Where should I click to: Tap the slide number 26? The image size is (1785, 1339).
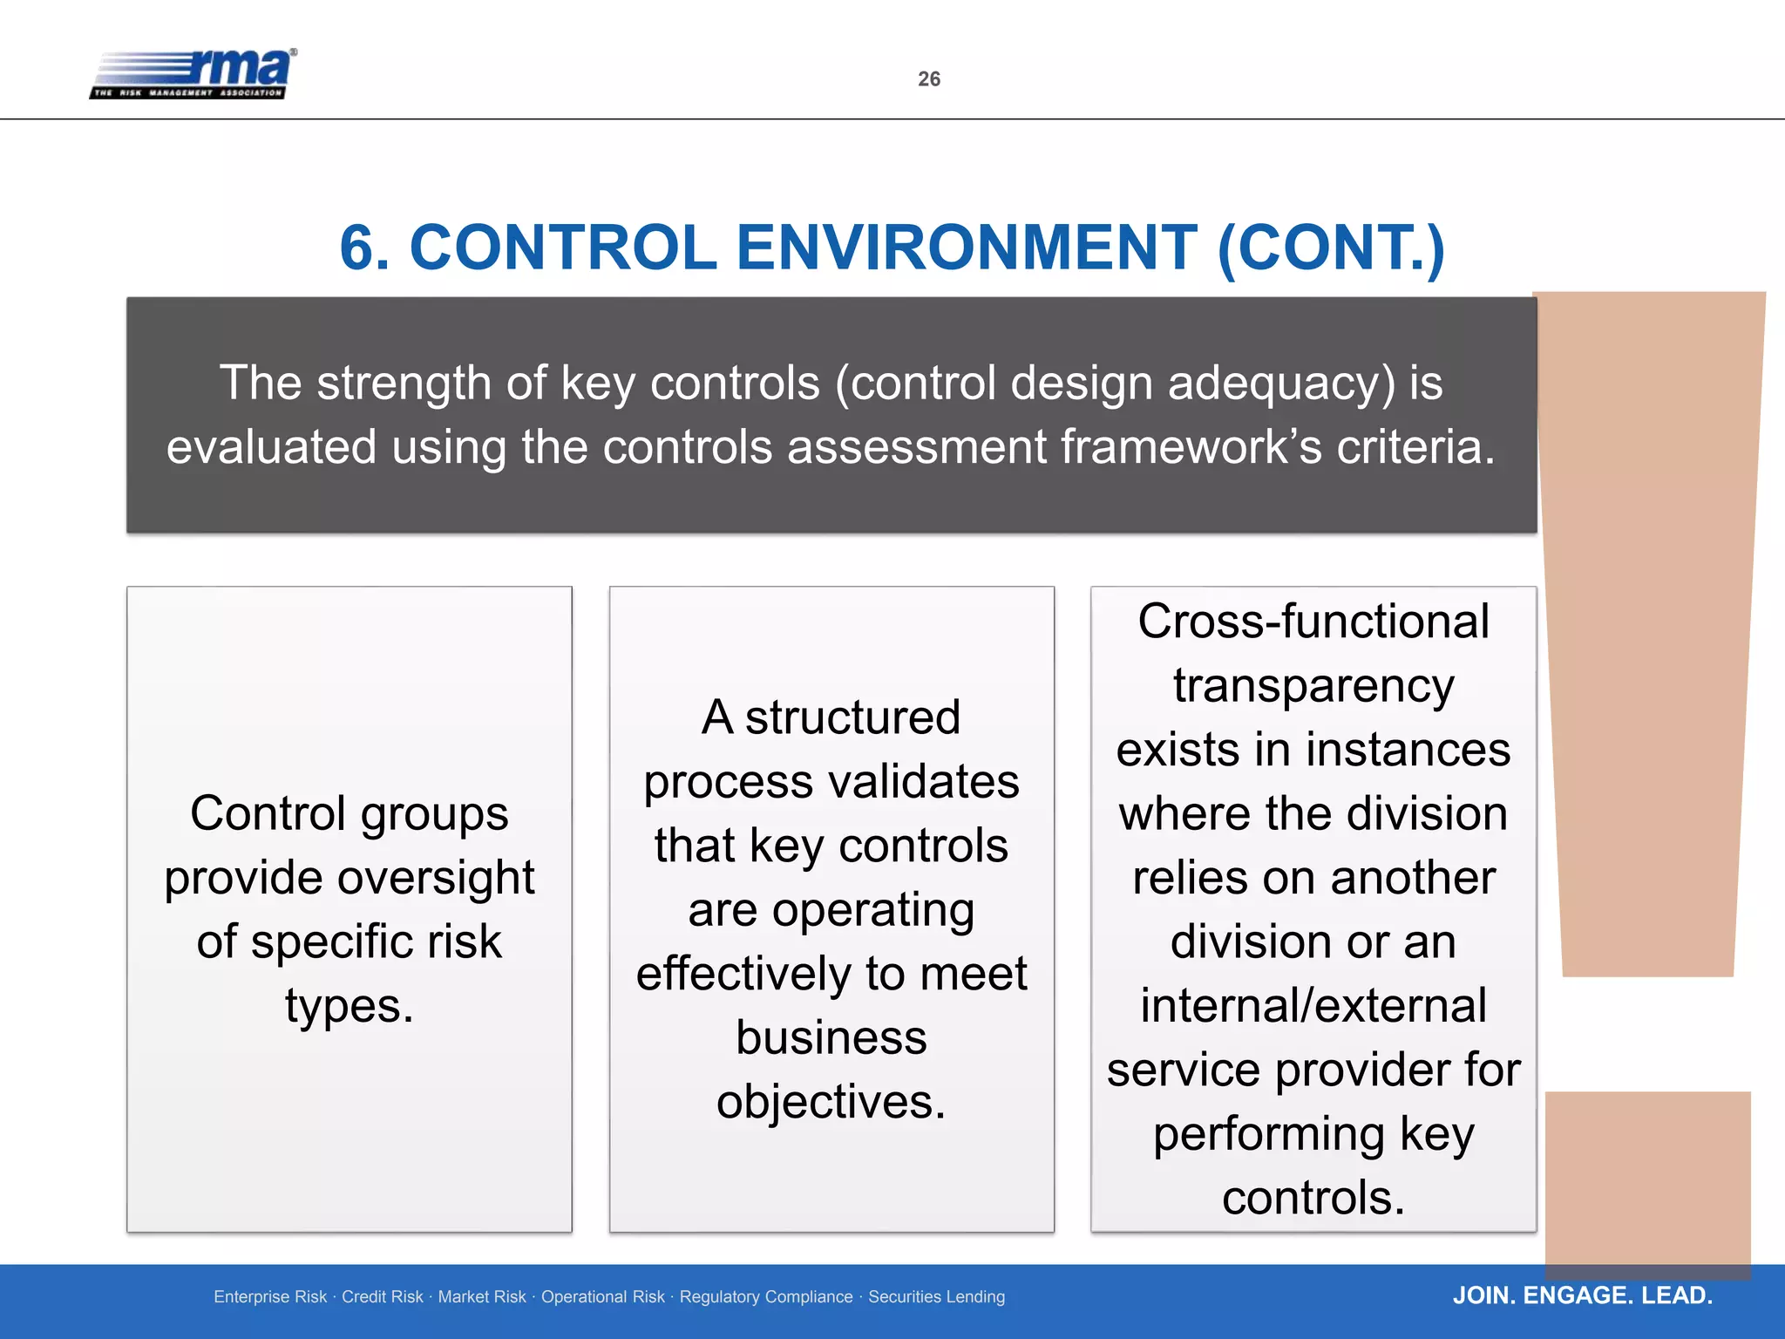929,79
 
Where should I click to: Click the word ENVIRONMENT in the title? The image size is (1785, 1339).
967,248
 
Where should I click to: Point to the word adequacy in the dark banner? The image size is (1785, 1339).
1281,384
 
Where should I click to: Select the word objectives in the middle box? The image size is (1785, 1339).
831,1102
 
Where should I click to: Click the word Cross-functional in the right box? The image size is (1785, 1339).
1313,622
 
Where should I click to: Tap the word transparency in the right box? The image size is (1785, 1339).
1313,686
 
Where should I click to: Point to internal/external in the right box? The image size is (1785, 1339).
1313,1006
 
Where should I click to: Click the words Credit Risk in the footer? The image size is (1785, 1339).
382,1297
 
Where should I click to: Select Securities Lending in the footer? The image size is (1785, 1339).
936,1297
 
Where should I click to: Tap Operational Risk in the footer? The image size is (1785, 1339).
602,1297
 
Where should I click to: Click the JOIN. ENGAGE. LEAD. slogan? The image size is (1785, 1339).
1582,1295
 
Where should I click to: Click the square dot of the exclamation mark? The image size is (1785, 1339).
1647,1181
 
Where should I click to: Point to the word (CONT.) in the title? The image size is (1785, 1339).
1331,248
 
